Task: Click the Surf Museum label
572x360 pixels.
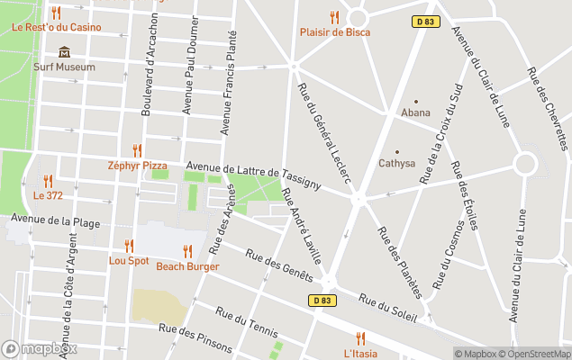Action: coord(64,67)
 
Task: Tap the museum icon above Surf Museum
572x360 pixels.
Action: coord(64,52)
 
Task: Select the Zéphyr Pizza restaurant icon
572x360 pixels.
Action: coord(137,150)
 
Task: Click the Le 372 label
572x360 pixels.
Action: coord(48,195)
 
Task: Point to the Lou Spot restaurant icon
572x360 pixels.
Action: coord(129,246)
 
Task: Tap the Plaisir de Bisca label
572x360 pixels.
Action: coord(334,32)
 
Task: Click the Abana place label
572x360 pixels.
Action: coord(415,113)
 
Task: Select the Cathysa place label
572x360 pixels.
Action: coord(396,164)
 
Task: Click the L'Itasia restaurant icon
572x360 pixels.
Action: coord(360,338)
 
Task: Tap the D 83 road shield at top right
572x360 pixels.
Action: coord(427,21)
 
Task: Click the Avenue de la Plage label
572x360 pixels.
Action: coord(50,220)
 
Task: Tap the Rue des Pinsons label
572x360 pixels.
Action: coord(195,338)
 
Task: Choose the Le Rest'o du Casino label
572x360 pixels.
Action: coord(56,27)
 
